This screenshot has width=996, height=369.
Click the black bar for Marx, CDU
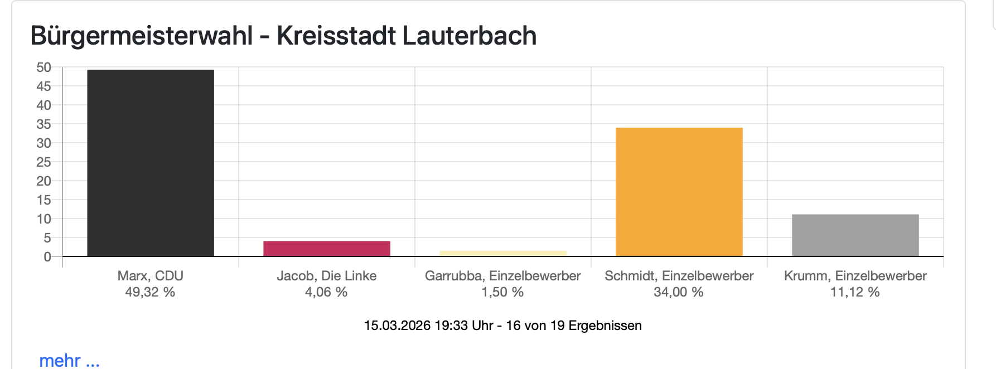point(151,163)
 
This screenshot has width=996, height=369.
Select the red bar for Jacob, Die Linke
point(327,249)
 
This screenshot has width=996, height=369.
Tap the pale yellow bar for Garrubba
point(503,254)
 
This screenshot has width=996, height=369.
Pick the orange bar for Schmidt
point(679,192)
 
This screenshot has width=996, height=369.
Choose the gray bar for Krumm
point(855,235)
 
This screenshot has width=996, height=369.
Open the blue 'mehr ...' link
point(69,360)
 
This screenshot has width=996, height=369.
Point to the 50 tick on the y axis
point(44,67)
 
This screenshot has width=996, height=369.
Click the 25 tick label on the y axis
point(44,162)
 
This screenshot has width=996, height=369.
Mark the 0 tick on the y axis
point(47,257)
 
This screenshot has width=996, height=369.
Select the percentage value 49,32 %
point(150,292)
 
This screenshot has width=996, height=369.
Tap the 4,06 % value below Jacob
point(326,292)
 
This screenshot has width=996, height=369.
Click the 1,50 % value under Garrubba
point(502,292)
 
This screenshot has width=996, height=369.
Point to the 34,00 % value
point(679,292)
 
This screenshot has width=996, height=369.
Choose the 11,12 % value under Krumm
point(855,292)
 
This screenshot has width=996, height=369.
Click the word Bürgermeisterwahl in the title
point(142,36)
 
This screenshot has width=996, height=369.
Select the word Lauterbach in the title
point(469,36)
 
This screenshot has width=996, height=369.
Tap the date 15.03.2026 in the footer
point(397,326)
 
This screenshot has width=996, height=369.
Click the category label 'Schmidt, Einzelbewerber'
point(679,276)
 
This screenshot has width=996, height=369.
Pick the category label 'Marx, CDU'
point(150,276)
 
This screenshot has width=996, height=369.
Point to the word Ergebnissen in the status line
point(605,326)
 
